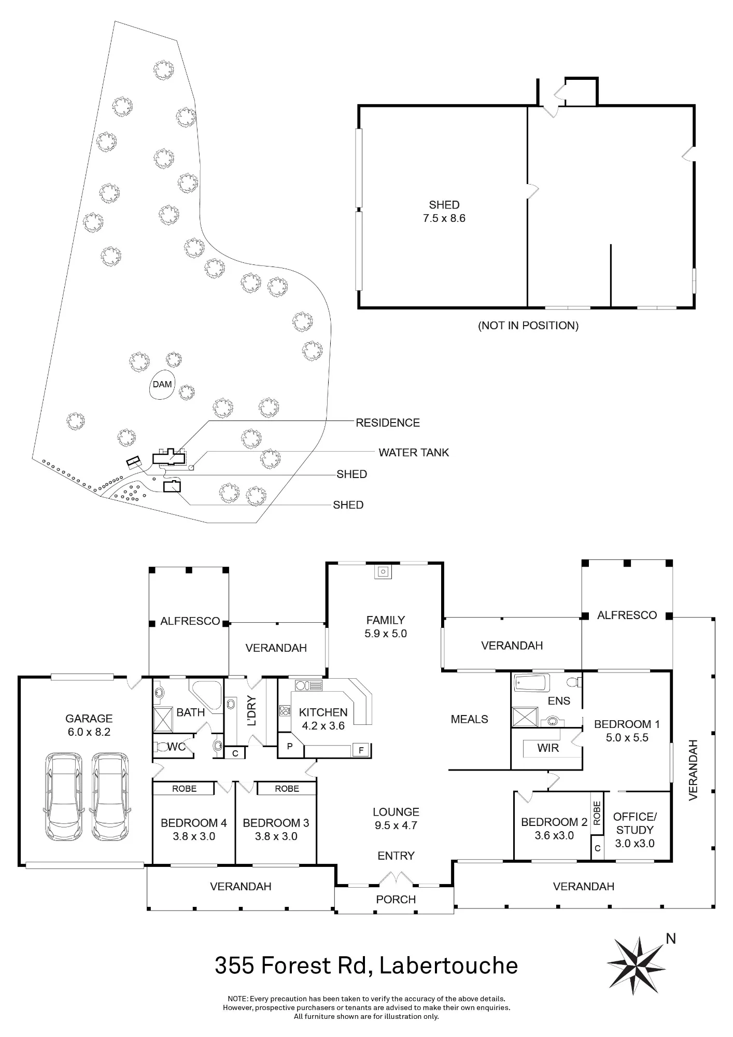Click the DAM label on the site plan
pyautogui.click(x=162, y=384)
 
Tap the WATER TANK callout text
pyautogui.click(x=414, y=453)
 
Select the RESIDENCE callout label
pyautogui.click(x=388, y=423)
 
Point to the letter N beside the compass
pyautogui.click(x=671, y=938)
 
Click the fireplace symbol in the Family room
pyautogui.click(x=383, y=571)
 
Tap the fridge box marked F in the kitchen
pyautogui.click(x=361, y=750)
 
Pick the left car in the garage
pyautogui.click(x=63, y=796)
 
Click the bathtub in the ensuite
pyautogui.click(x=531, y=682)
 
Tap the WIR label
pyautogui.click(x=548, y=748)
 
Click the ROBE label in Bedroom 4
pyautogui.click(x=184, y=789)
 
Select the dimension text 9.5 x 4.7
pyautogui.click(x=396, y=825)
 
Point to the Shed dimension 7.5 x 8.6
pyautogui.click(x=444, y=218)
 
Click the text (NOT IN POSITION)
pyautogui.click(x=528, y=326)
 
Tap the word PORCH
pyautogui.click(x=396, y=900)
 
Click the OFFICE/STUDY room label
pyautogui.click(x=635, y=823)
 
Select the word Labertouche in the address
pyautogui.click(x=448, y=966)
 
